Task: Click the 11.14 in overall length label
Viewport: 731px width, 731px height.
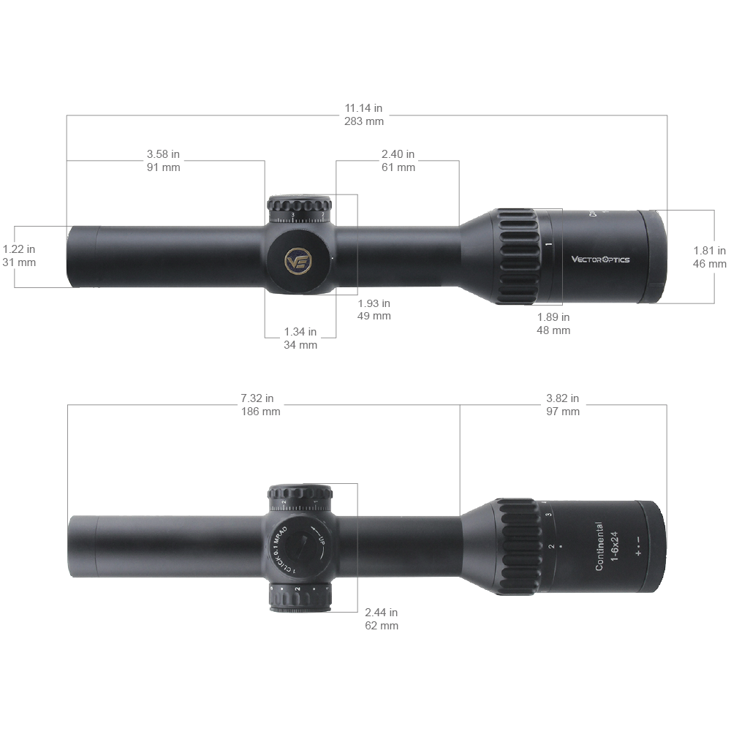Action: tap(364, 108)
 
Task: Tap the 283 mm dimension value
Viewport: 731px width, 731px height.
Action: tap(364, 121)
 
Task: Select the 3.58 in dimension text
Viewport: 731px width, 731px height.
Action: tap(163, 154)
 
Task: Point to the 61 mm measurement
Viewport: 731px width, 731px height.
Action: tap(398, 167)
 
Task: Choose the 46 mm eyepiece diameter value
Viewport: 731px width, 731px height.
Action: tap(709, 264)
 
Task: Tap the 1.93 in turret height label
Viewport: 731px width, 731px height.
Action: tap(374, 303)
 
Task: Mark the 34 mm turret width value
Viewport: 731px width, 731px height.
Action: tap(300, 345)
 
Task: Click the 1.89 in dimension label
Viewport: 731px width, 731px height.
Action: tap(553, 317)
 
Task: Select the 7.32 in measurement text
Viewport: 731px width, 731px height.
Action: tap(257, 398)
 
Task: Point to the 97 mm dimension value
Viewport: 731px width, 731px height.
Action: tap(562, 412)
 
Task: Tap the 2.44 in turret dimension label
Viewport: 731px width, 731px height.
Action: tap(381, 613)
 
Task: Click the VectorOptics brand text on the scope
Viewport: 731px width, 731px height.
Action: tap(599, 259)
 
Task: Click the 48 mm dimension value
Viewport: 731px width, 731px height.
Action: tap(553, 330)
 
